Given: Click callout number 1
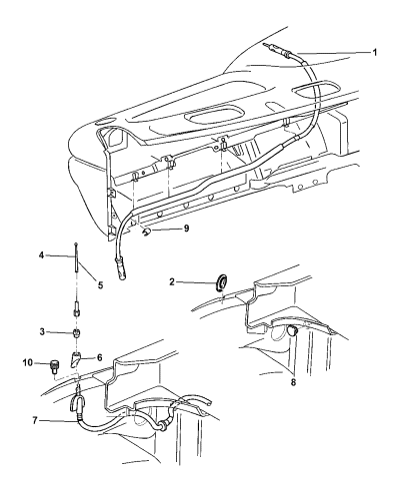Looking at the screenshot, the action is tap(375, 53).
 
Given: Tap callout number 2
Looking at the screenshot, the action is tap(172, 282).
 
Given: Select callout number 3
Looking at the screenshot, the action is tap(42, 332).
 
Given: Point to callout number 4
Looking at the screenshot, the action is tap(41, 255).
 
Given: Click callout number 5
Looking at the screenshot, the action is tap(100, 285).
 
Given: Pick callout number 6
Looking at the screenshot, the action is tap(99, 357).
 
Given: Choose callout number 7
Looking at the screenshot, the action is tap(35, 420).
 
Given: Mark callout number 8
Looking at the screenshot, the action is tap(293, 382).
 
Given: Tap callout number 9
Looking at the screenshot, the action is tap(186, 229).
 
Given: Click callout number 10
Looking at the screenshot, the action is tap(28, 362).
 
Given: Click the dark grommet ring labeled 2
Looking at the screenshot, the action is tap(220, 282).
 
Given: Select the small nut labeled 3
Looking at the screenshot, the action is tap(77, 332).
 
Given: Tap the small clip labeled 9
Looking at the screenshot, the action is tap(146, 232).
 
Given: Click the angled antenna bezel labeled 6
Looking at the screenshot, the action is tap(76, 359).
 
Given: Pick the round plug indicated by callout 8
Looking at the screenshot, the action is tap(292, 331).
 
